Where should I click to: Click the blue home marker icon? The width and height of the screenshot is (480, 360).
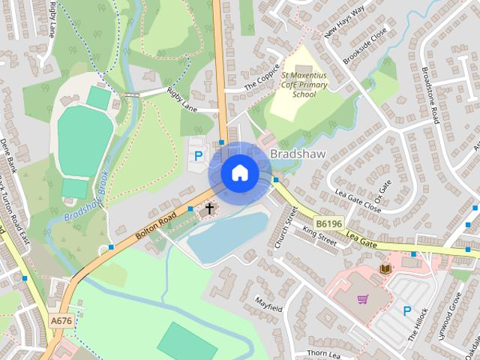click(x=239, y=172)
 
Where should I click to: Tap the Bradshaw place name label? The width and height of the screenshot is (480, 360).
click(x=296, y=154)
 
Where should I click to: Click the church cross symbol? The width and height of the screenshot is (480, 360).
click(x=209, y=208)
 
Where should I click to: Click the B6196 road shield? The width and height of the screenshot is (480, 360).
click(x=328, y=223)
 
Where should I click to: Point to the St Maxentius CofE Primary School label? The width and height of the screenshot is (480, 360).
click(x=304, y=85)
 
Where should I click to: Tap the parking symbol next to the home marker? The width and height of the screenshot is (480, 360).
click(x=198, y=156)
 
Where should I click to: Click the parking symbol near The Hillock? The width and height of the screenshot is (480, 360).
click(x=407, y=310)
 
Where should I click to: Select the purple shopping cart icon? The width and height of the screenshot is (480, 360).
click(x=363, y=298)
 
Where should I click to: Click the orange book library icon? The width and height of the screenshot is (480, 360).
click(x=386, y=268)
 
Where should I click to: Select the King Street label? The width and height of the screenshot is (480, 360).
click(x=320, y=236)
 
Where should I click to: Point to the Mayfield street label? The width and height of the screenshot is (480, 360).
click(x=268, y=307)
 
